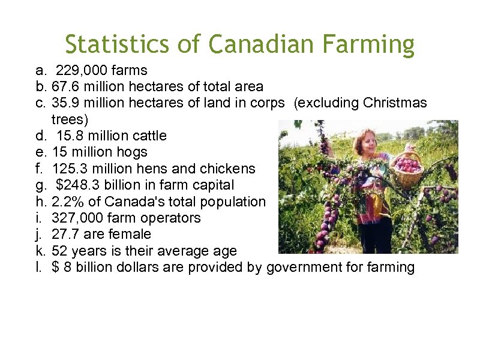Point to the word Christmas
click(x=395, y=103)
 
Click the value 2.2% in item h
click(x=68, y=202)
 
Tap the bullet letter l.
click(x=38, y=267)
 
